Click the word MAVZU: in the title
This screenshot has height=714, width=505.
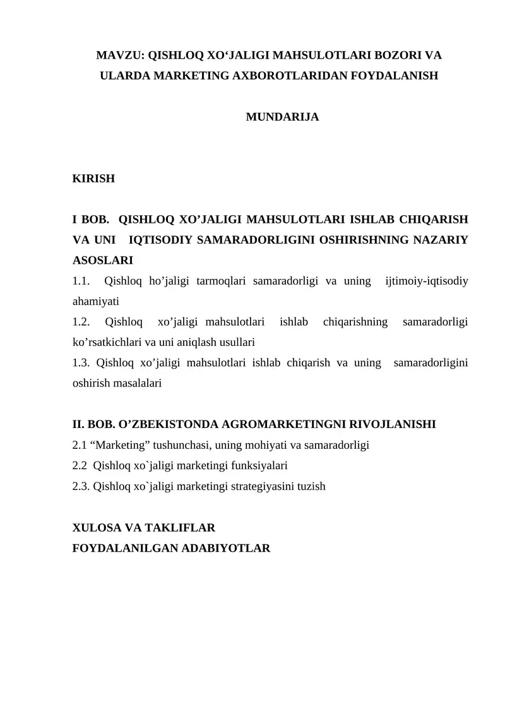(x=119, y=56)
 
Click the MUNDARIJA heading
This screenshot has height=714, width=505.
(x=282, y=117)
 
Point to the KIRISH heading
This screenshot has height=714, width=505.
(x=94, y=179)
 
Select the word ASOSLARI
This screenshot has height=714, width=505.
(x=103, y=260)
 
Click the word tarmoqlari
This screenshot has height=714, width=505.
(x=222, y=281)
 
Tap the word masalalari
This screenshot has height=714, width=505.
(x=136, y=383)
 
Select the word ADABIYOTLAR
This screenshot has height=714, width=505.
(x=225, y=547)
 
